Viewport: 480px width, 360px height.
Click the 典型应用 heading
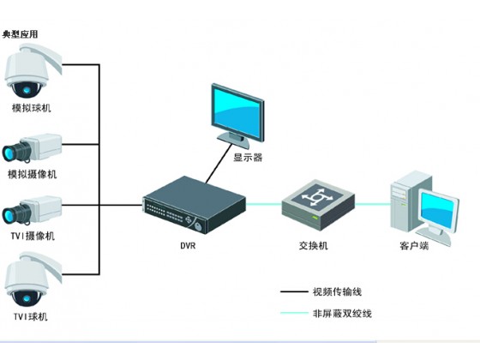[x=21, y=34]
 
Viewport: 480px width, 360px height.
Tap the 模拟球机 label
[x=31, y=108]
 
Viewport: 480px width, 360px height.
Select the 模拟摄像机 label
[x=33, y=174]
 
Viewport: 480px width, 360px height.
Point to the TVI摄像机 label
[x=33, y=236]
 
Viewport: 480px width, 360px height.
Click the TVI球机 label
[x=31, y=316]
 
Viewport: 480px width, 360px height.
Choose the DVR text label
[x=188, y=245]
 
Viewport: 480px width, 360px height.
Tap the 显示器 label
[x=248, y=158]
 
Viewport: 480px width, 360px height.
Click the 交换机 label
[x=313, y=245]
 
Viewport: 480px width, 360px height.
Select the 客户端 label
[x=414, y=245]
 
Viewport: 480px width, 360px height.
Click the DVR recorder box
[x=194, y=205]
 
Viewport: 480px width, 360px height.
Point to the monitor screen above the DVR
[x=237, y=113]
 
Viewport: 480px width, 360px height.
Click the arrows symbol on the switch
[x=317, y=198]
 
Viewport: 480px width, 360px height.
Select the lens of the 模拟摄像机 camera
[x=9, y=153]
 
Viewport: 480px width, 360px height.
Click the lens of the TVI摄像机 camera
[x=9, y=214]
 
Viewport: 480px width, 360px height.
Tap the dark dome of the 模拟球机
[x=27, y=89]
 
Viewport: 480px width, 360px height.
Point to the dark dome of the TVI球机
[x=27, y=297]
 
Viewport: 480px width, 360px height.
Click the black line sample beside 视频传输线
[x=294, y=291]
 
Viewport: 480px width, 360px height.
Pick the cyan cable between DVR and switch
[x=264, y=204]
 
